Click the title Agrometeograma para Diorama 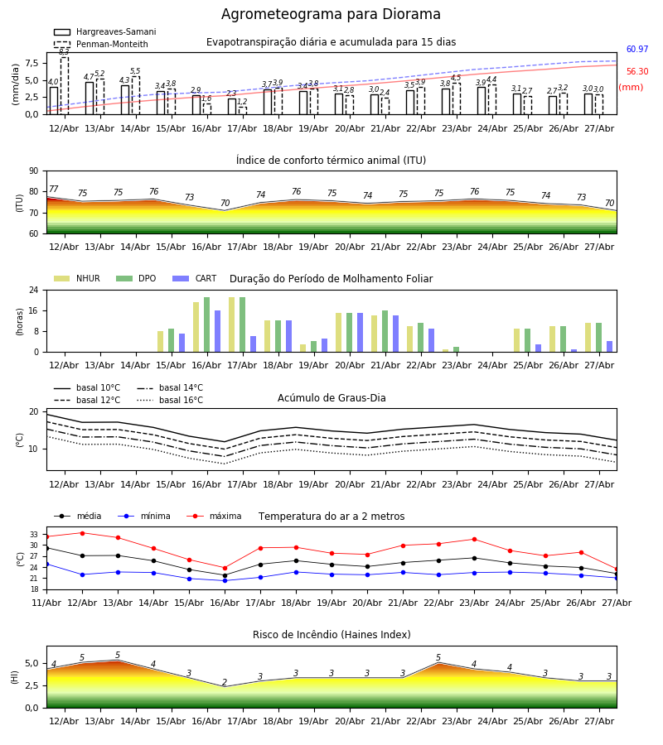click(x=331, y=14)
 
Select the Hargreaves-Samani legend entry click(x=104, y=31)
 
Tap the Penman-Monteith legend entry click(x=101, y=44)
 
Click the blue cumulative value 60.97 click(x=637, y=49)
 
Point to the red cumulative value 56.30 click(x=637, y=71)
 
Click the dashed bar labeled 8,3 click(x=64, y=85)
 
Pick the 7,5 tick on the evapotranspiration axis click(x=31, y=63)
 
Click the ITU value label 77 click(x=54, y=189)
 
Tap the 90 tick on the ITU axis click(x=34, y=171)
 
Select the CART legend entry click(x=195, y=278)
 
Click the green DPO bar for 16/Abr click(x=207, y=324)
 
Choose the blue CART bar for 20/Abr click(x=360, y=333)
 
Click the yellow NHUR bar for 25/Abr click(x=517, y=340)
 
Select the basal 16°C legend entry click(x=170, y=400)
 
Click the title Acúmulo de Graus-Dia click(x=331, y=397)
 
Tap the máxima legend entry click(x=214, y=516)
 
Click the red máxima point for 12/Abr click(x=82, y=533)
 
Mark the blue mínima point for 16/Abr click(x=225, y=580)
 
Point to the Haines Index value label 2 click(x=225, y=682)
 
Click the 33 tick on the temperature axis click(x=34, y=535)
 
